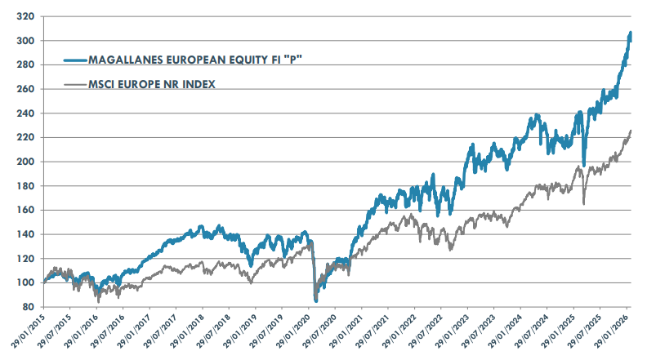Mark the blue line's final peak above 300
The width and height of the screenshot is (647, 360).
pyautogui.click(x=630, y=33)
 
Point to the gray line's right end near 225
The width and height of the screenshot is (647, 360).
pyautogui.click(x=631, y=131)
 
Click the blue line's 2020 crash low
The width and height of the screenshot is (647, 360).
pyautogui.click(x=316, y=300)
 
